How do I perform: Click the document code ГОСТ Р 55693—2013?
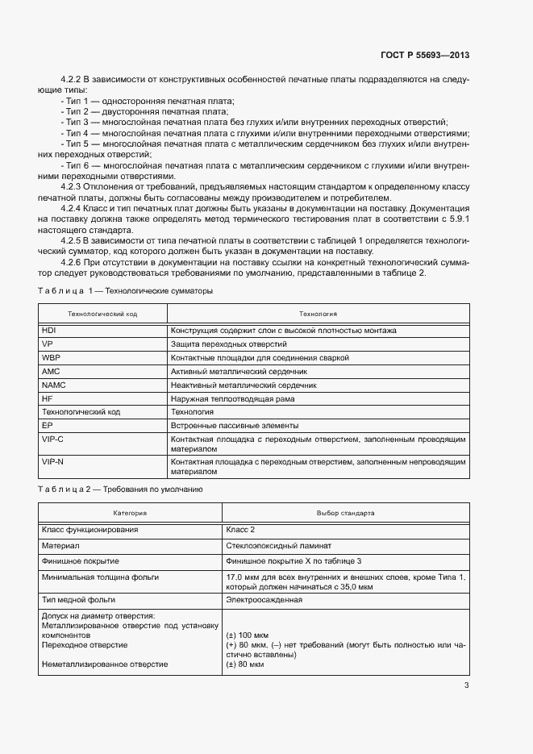point(425,55)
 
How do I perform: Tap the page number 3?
point(466,685)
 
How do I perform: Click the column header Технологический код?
point(102,314)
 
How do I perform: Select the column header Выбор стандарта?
point(345,513)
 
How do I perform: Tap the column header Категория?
point(130,513)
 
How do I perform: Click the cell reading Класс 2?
point(242,530)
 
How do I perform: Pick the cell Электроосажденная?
point(265,600)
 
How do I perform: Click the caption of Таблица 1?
point(125,290)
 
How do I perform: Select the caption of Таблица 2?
point(121,489)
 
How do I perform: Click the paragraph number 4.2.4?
point(74,207)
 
